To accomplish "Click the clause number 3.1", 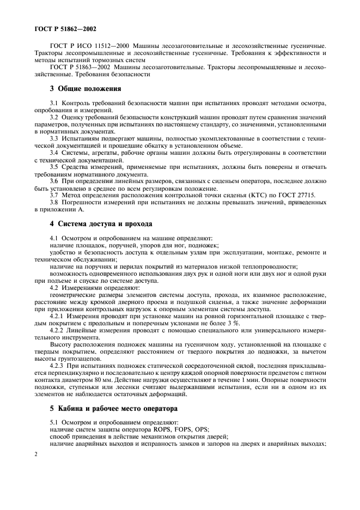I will (54, 103).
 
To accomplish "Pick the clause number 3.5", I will (54, 168).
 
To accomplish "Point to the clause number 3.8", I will (54, 202).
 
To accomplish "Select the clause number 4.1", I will (54, 238).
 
